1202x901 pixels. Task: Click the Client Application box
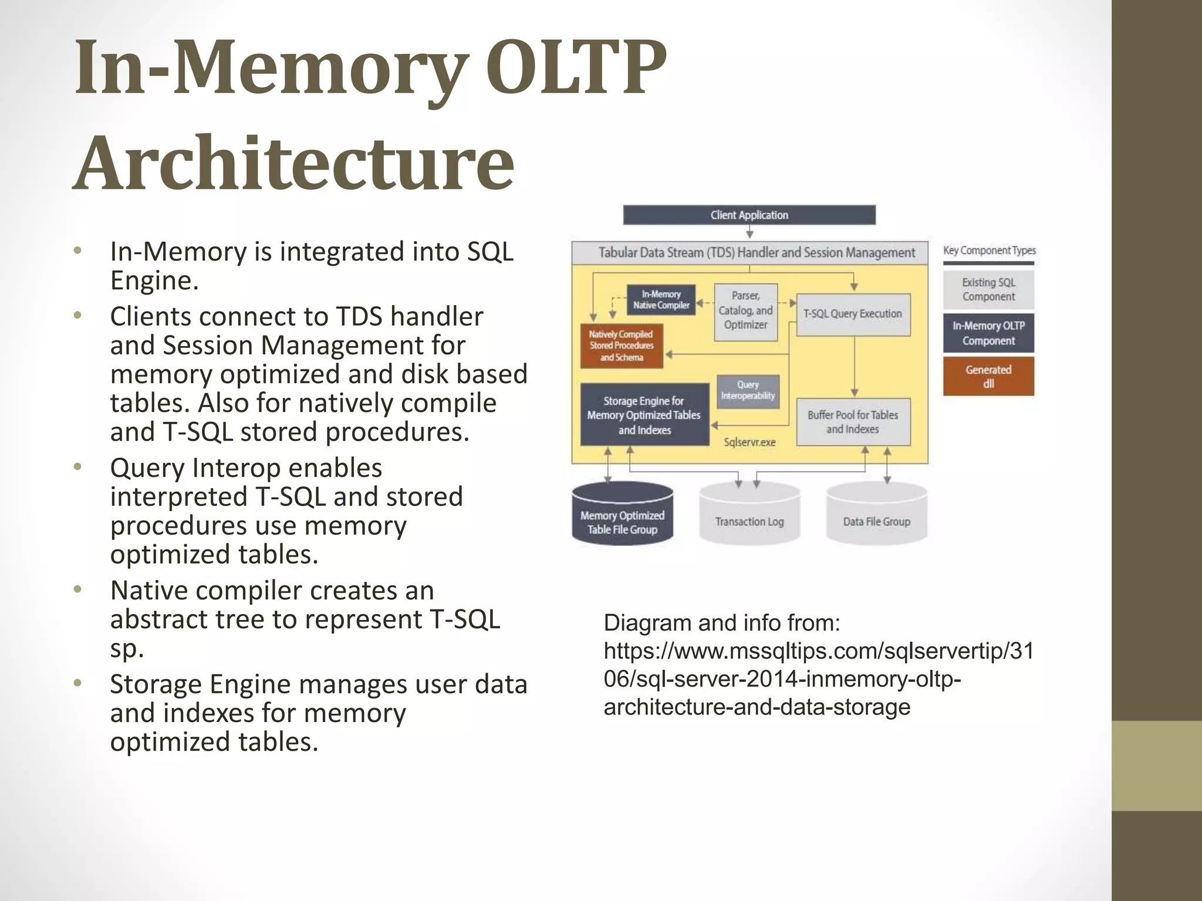(x=749, y=215)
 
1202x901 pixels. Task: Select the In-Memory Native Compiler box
(x=661, y=300)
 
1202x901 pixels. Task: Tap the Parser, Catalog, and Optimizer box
(x=745, y=311)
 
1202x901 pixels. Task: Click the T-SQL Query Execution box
(x=852, y=314)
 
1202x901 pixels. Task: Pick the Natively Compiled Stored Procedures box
(x=622, y=346)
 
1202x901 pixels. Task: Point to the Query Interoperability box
(x=748, y=391)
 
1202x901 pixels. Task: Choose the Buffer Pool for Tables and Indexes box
(x=853, y=422)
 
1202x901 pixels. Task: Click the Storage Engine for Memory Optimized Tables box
(x=644, y=415)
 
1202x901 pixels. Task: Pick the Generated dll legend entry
(x=988, y=377)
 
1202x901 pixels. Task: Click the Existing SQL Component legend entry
(x=988, y=290)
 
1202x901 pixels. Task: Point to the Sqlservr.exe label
(x=749, y=442)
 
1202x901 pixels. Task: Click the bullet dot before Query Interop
(x=77, y=468)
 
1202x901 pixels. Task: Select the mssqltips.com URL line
(x=818, y=651)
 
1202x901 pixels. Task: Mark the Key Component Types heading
(x=989, y=250)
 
